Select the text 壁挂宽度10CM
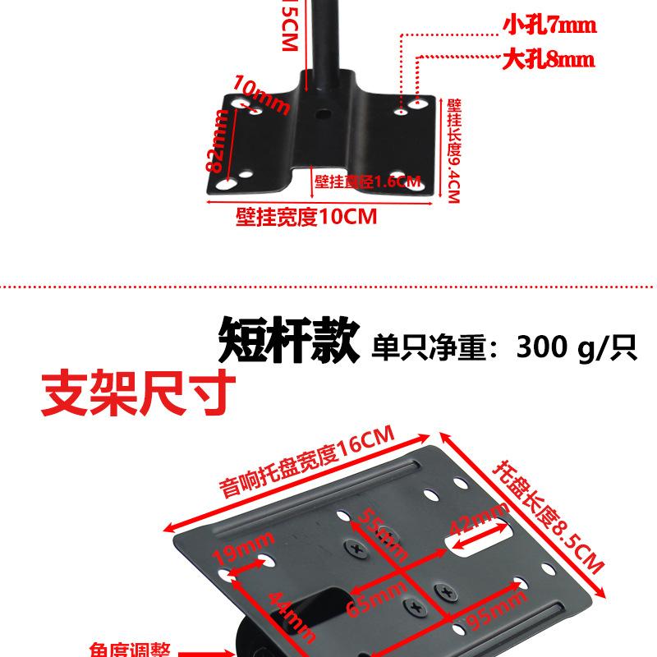click(306, 217)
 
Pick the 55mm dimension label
click(382, 531)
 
